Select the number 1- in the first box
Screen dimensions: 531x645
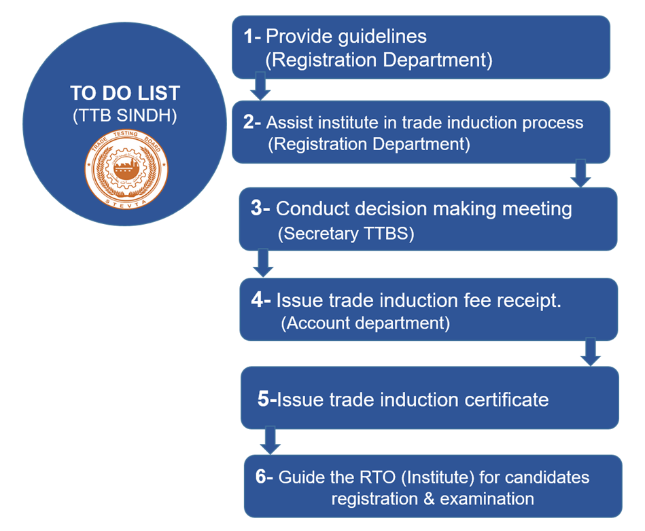(253, 36)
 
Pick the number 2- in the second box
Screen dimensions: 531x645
(253, 123)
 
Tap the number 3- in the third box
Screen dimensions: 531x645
(261, 208)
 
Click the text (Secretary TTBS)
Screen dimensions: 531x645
(345, 234)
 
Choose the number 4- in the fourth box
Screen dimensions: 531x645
(261, 299)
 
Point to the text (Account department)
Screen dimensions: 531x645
(365, 323)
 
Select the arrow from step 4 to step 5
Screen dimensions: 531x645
(590, 352)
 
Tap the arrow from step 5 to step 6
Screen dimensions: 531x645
(271, 441)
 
